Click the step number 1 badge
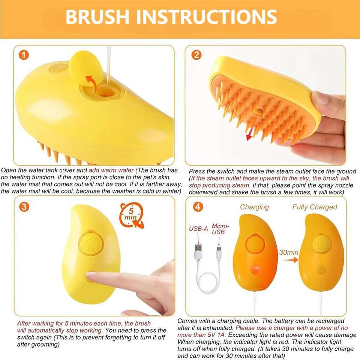(x=24, y=55)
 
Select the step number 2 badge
(x=196, y=55)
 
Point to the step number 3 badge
(x=24, y=207)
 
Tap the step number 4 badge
(x=198, y=207)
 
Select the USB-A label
(x=198, y=229)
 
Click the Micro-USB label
(x=220, y=229)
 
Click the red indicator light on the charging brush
(x=255, y=270)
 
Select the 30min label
(x=289, y=252)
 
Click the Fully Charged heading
(x=315, y=207)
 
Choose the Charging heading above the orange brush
(x=254, y=207)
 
